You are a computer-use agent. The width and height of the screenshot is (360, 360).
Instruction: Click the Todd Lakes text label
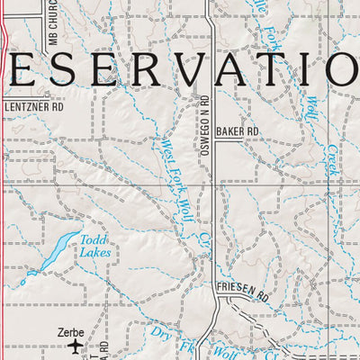coord(94,246)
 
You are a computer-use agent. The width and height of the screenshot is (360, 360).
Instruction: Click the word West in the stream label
coord(164,143)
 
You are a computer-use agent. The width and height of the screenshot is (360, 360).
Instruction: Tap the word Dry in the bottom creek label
coord(160,336)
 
